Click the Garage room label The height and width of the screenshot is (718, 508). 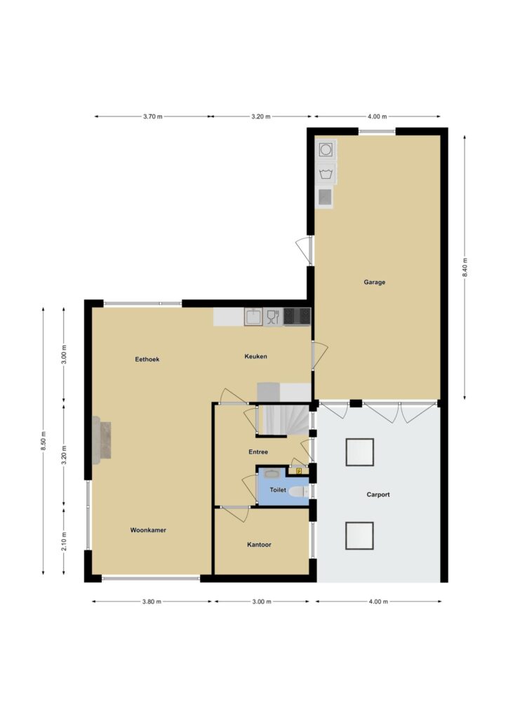point(374,282)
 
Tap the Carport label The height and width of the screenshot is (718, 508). point(378,494)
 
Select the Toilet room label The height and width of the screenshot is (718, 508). point(278,490)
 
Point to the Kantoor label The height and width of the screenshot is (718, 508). point(259,544)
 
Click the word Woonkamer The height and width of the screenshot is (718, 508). point(148,530)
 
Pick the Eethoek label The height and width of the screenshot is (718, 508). point(147,360)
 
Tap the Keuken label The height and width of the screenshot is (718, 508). point(255,356)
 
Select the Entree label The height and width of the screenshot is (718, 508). point(258,452)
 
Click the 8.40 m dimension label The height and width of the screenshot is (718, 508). point(464,267)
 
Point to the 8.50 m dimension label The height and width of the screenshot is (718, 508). point(43,441)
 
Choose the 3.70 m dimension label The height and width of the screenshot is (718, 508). point(152,116)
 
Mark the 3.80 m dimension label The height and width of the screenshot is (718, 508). point(152,601)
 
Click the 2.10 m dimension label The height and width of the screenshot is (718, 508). point(64,541)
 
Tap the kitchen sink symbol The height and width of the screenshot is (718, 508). point(253,316)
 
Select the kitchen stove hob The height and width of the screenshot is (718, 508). point(297,316)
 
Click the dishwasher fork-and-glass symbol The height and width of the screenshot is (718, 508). point(273,316)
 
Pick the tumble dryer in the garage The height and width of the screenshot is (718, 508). point(326,150)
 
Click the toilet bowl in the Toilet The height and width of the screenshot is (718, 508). point(299,492)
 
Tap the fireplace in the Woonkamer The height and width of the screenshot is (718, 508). point(102,440)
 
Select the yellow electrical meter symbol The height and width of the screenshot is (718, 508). point(299,470)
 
